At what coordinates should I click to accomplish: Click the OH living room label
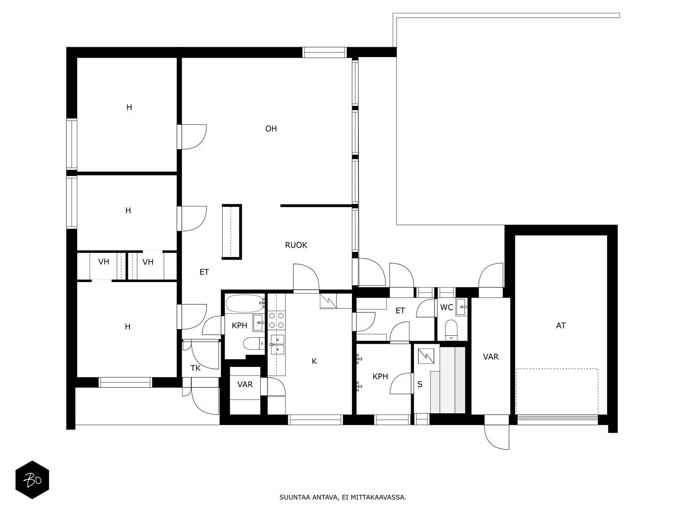[271, 128]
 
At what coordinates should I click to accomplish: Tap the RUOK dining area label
[296, 245]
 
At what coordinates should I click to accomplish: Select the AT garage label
[561, 325]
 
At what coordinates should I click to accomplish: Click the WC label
[447, 307]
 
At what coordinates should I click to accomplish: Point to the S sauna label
[420, 384]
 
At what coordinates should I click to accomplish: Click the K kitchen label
[314, 361]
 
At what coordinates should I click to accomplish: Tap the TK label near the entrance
[196, 368]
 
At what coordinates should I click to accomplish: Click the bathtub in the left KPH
[245, 303]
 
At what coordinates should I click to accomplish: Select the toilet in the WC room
[451, 330]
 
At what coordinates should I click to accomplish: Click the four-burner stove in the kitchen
[277, 321]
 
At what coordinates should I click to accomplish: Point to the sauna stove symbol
[426, 356]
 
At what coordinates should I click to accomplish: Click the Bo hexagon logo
[32, 480]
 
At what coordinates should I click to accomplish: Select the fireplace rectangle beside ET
[232, 232]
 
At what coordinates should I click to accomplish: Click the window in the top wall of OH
[325, 52]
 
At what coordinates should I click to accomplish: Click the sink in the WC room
[462, 307]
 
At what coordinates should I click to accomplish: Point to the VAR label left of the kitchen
[245, 384]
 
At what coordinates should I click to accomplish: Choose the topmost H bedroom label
[129, 107]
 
